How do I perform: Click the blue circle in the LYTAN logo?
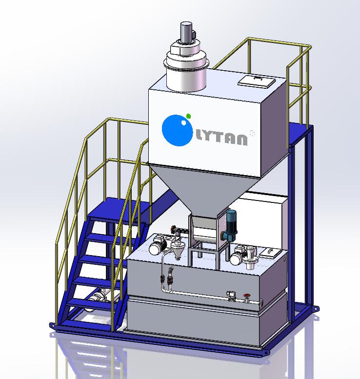point(177,131)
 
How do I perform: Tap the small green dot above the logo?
point(189,116)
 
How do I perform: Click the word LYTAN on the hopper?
point(221,139)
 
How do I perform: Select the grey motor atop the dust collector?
point(186,32)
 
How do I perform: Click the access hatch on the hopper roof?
point(257,80)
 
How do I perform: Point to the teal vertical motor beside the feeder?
point(230,225)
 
